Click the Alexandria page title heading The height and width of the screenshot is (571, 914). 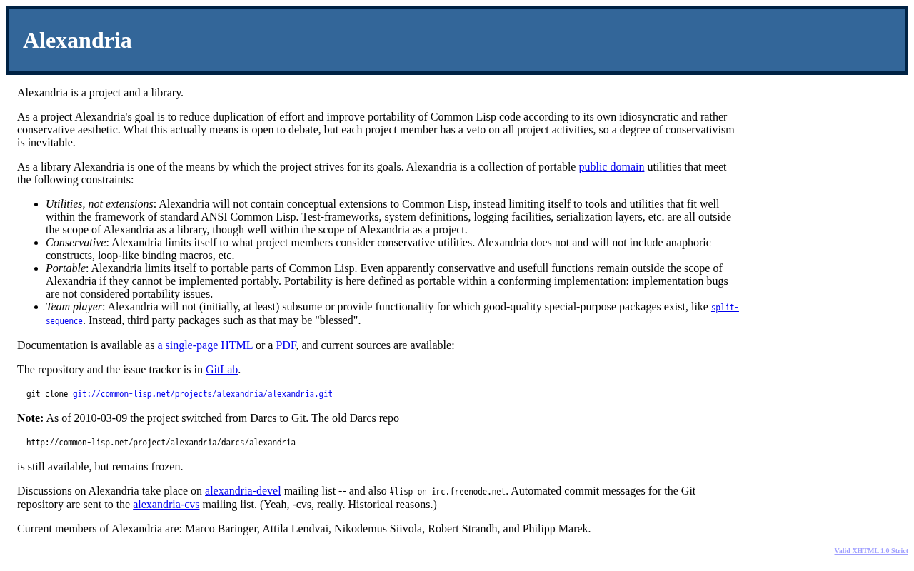[77, 41]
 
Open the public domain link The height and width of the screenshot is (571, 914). [611, 167]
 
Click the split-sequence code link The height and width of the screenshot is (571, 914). [725, 308]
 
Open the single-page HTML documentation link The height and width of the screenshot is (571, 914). [205, 345]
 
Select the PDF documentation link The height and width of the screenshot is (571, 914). [286, 345]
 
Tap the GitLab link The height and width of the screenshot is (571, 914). [221, 370]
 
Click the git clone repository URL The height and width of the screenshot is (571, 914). [202, 394]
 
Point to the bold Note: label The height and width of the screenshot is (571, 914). [30, 418]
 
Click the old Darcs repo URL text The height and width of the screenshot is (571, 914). [161, 443]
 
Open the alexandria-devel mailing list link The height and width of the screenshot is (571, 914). [243, 491]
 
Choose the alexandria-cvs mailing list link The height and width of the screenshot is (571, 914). [166, 505]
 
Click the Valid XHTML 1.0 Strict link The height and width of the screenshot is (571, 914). [870, 551]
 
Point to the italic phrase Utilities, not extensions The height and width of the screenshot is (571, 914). [99, 204]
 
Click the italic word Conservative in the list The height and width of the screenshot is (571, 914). [76, 243]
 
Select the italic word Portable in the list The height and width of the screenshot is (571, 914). [66, 268]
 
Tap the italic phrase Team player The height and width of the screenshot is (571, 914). [74, 307]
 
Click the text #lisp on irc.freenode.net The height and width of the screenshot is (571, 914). [447, 492]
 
